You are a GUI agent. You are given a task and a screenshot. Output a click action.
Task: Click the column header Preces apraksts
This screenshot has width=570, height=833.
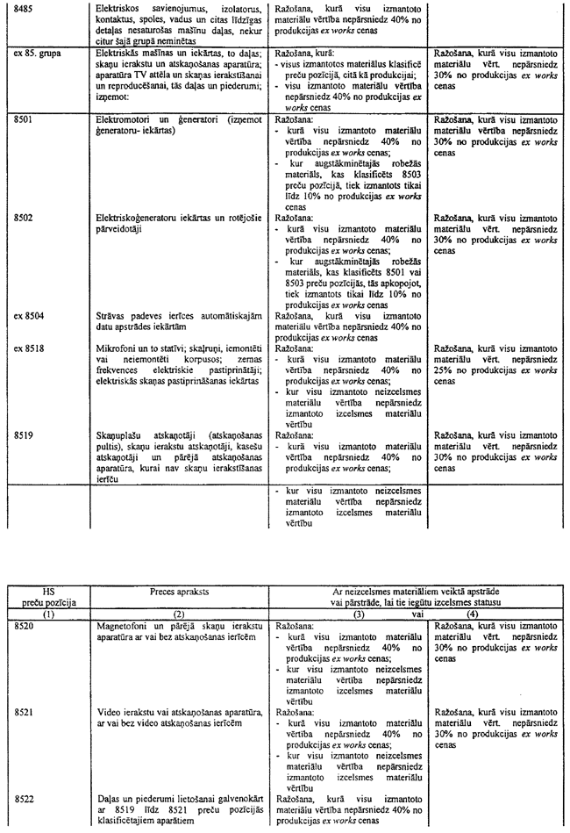pos(179,592)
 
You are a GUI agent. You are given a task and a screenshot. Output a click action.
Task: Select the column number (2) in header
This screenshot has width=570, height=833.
pos(179,615)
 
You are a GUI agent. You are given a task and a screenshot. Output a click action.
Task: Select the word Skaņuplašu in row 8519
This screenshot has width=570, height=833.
pos(118,434)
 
